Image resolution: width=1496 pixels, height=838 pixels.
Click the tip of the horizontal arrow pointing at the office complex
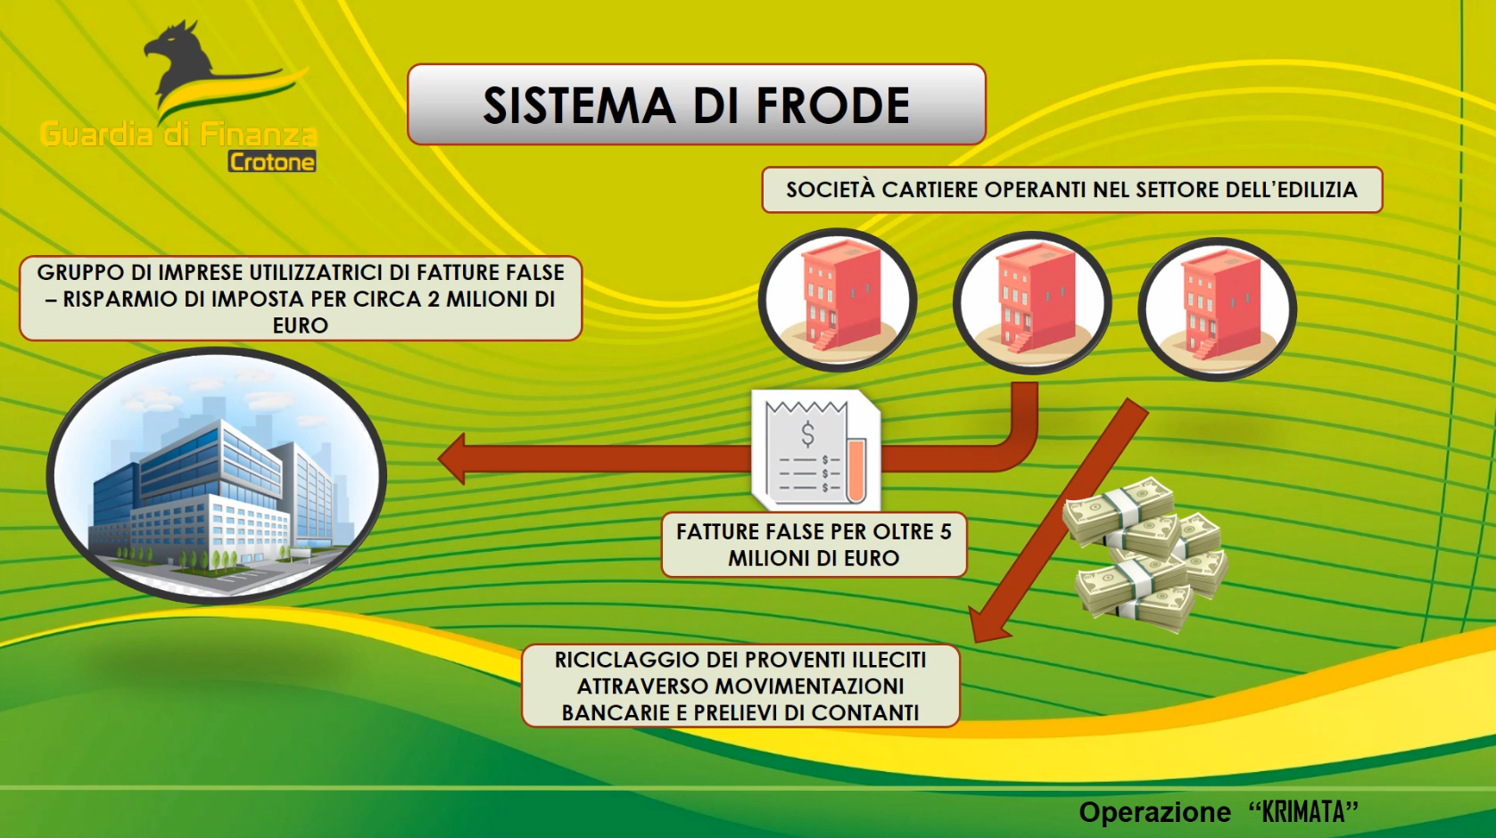(x=438, y=459)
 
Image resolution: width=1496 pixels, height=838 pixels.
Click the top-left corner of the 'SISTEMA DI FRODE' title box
(x=408, y=65)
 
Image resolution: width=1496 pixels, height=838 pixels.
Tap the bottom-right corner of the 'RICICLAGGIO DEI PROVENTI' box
(x=960, y=727)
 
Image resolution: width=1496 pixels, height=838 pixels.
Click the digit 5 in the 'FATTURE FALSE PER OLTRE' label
(x=945, y=531)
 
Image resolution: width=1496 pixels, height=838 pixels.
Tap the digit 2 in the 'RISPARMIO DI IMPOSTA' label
(x=434, y=299)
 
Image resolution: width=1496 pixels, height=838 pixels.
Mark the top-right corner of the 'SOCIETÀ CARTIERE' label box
(x=1382, y=168)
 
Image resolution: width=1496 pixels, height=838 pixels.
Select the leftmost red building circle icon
(x=838, y=300)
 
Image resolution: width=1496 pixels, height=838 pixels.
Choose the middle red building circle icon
(x=1032, y=302)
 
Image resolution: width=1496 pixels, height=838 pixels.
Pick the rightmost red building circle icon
(x=1218, y=309)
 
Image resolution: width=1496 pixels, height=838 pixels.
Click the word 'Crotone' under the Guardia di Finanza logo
(x=272, y=162)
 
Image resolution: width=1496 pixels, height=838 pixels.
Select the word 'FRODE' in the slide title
(x=833, y=105)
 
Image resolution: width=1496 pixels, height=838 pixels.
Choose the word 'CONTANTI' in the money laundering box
(x=865, y=712)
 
